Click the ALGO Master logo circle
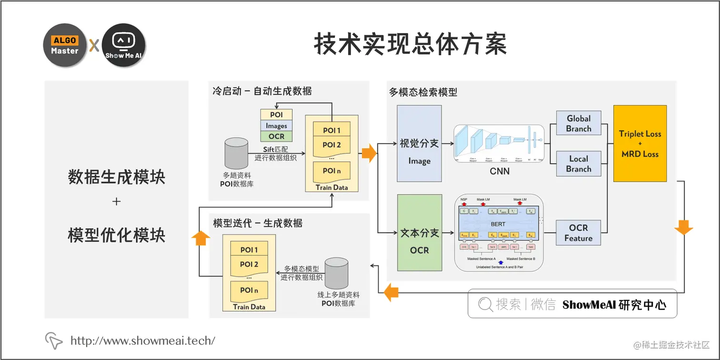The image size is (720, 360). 65,45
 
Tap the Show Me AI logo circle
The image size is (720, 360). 123,45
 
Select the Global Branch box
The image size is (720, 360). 579,124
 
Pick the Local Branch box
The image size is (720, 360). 579,164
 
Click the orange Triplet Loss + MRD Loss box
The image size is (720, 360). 640,143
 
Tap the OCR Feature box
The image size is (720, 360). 579,233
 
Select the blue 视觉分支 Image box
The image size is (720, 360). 419,150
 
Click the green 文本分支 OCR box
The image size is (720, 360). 419,240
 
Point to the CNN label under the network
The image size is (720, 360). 500,171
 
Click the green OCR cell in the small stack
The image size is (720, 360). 276,136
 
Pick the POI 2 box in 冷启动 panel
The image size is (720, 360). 331,145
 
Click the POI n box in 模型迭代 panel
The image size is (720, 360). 249,290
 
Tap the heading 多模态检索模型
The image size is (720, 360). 423,92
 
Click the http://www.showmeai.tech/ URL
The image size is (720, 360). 143,340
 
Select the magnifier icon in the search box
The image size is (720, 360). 485,304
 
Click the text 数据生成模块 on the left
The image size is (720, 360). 116,178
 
